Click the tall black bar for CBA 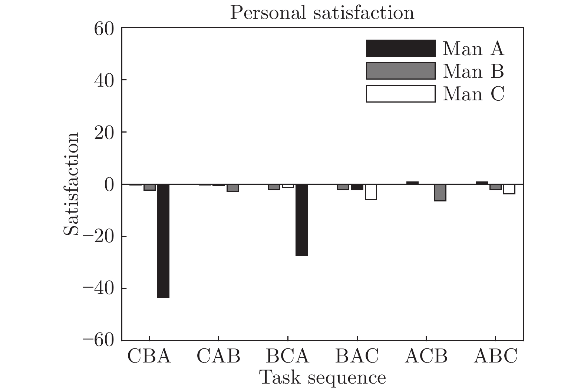163,241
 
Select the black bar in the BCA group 301,220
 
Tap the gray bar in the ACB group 440,193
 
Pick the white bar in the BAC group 371,192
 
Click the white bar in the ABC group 509,189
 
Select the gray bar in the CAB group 232,188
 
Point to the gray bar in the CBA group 149,187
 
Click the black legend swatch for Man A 400,49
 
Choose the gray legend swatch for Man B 400,71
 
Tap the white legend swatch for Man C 400,94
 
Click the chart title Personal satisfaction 322,13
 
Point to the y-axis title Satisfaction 71,184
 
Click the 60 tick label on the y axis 104,29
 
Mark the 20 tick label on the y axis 104,132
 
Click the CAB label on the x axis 218,356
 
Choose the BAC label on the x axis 357,356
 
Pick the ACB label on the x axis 426,356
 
